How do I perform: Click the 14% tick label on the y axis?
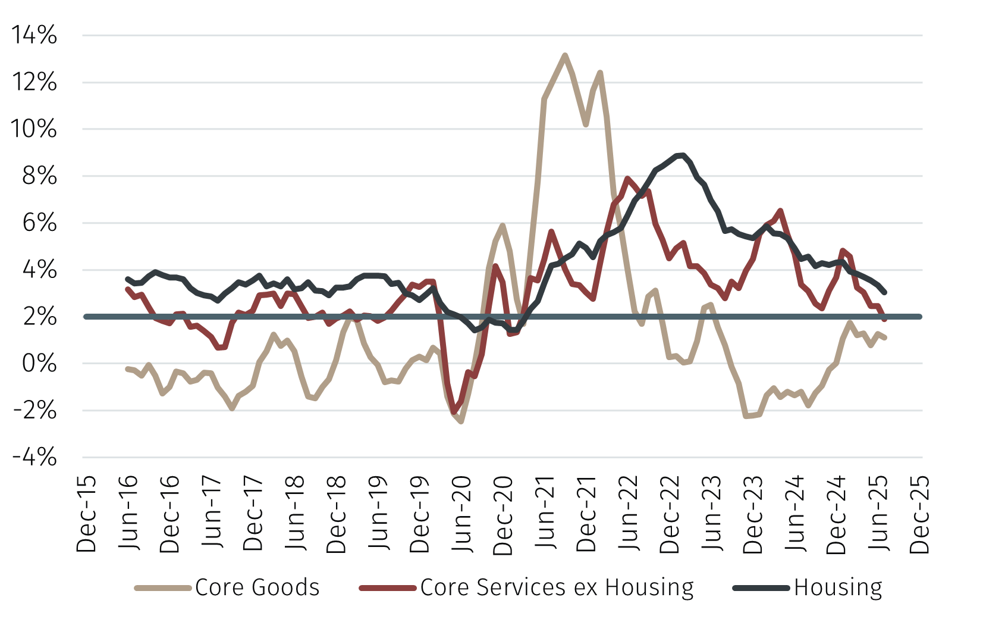click(x=34, y=35)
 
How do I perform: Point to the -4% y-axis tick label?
click(x=34, y=458)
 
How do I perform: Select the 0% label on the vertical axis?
click(x=39, y=364)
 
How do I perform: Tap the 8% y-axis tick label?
click(x=39, y=176)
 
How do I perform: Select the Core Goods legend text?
click(x=257, y=587)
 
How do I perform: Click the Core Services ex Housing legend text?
click(x=557, y=587)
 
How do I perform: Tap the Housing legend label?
click(x=838, y=587)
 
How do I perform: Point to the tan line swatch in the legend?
click(x=162, y=588)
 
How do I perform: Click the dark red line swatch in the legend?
click(x=388, y=588)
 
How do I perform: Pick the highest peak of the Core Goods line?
click(x=565, y=55)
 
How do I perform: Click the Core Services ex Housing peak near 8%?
click(x=627, y=178)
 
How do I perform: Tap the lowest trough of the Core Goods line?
click(x=461, y=421)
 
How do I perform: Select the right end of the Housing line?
click(x=885, y=292)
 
